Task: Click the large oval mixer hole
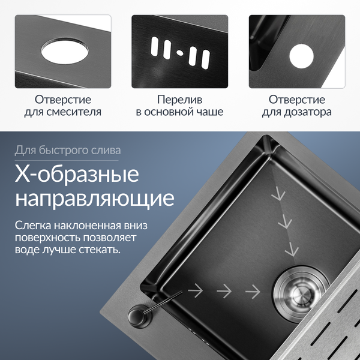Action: click(65, 51)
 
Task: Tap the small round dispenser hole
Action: click(301, 56)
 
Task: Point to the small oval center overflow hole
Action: click(180, 53)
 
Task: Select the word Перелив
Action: click(180, 100)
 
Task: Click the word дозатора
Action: click(308, 112)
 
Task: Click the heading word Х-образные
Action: click(77, 174)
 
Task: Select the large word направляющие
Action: click(95, 198)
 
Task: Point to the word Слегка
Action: click(33, 226)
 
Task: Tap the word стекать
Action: click(100, 250)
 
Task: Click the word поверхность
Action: click(48, 238)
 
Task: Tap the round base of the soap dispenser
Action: click(140, 314)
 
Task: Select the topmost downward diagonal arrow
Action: click(278, 194)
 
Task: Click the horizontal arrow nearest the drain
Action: click(253, 292)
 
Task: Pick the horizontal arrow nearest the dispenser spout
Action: click(196, 290)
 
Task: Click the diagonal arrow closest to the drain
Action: click(292, 250)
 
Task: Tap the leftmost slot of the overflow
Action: click(155, 46)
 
